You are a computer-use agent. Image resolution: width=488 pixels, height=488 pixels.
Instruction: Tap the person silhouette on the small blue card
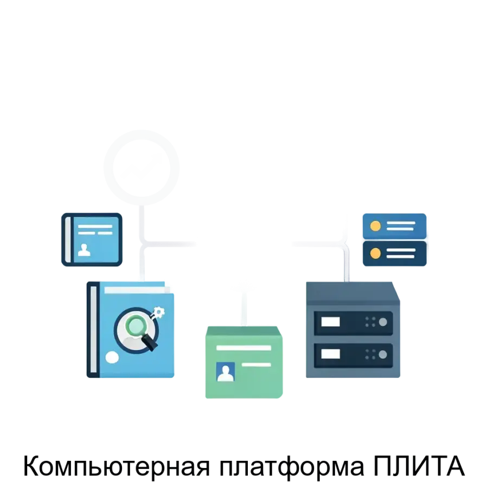(x=84, y=249)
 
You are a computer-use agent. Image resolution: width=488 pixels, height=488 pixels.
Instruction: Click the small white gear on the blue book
(x=159, y=312)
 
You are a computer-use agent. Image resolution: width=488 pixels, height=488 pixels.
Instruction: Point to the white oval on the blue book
(x=112, y=357)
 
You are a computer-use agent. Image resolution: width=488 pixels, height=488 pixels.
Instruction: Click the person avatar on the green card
(x=225, y=372)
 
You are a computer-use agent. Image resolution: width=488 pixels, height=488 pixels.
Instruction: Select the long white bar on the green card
(x=243, y=348)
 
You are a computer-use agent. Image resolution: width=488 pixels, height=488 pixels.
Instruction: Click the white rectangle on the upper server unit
(x=331, y=322)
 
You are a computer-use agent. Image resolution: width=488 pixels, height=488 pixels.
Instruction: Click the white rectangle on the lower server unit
(x=331, y=354)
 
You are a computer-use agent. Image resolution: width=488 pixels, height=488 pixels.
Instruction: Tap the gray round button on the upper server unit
(x=383, y=322)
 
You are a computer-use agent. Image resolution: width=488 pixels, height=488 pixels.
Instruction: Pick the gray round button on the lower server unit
(x=383, y=354)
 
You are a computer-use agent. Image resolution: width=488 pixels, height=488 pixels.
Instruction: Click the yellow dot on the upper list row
(x=374, y=225)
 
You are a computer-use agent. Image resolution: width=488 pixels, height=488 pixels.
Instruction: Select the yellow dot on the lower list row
(x=374, y=253)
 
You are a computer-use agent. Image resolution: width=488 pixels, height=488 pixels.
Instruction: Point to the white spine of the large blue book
(x=93, y=329)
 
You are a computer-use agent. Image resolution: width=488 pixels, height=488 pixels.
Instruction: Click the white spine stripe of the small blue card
(x=68, y=239)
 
